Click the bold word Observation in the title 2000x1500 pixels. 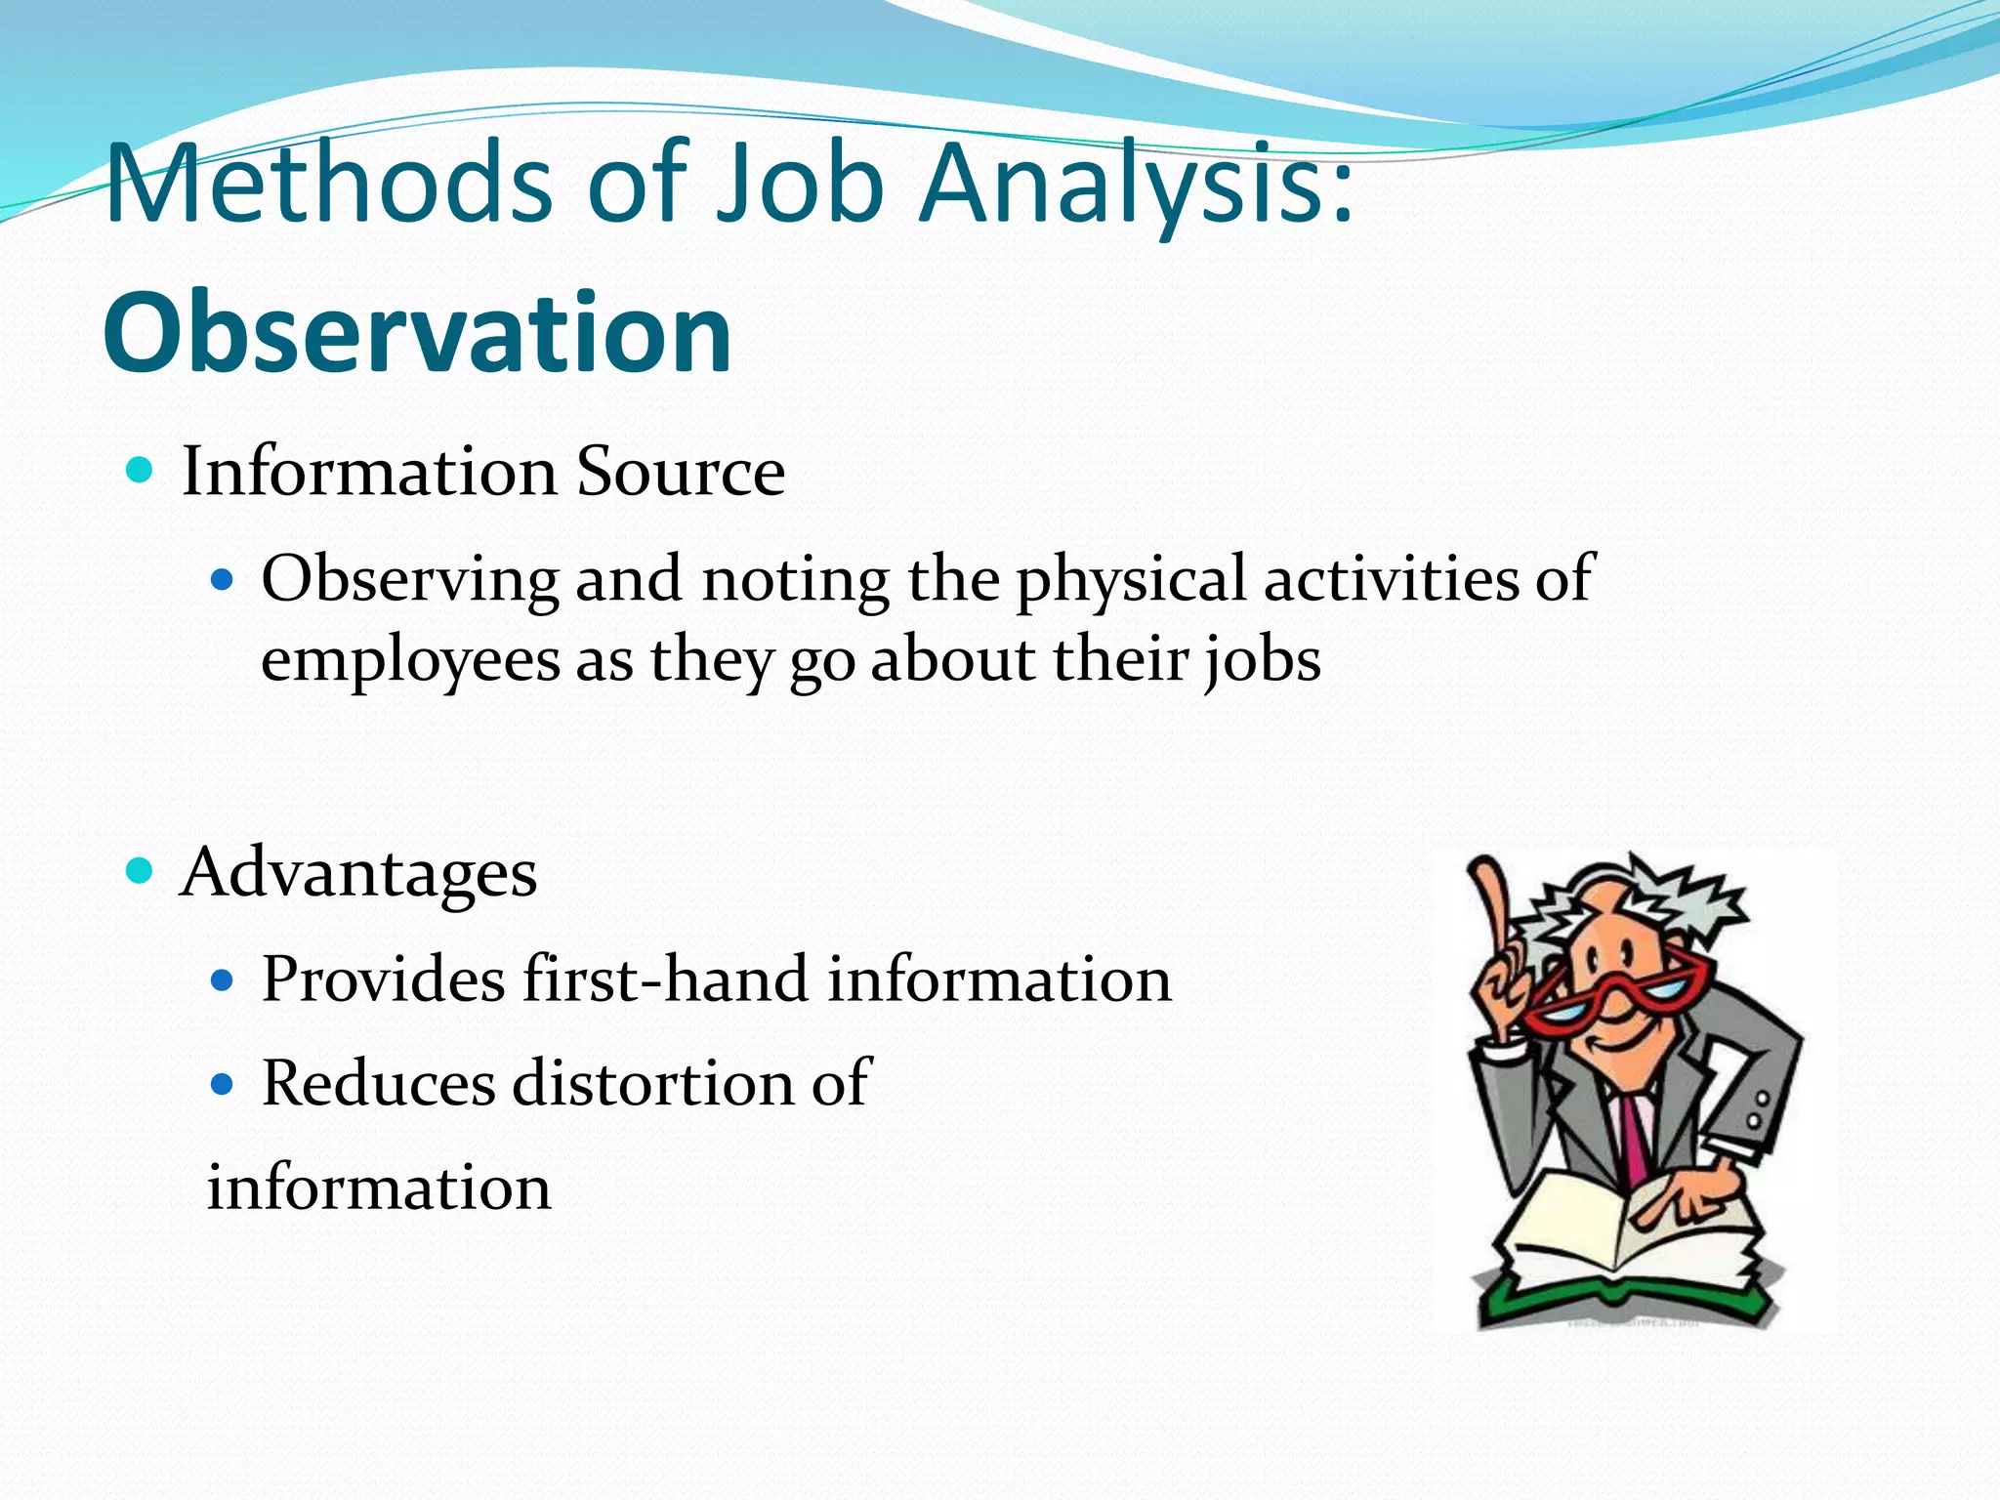click(417, 334)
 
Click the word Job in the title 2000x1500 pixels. click(799, 186)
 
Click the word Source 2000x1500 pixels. click(680, 473)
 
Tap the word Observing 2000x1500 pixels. click(409, 580)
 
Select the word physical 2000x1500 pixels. click(1130, 580)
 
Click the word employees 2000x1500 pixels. click(410, 660)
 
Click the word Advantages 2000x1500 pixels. click(358, 873)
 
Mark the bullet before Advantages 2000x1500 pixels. click(141, 870)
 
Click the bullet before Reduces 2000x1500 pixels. click(224, 1084)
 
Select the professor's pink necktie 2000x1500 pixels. click(1633, 1133)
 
